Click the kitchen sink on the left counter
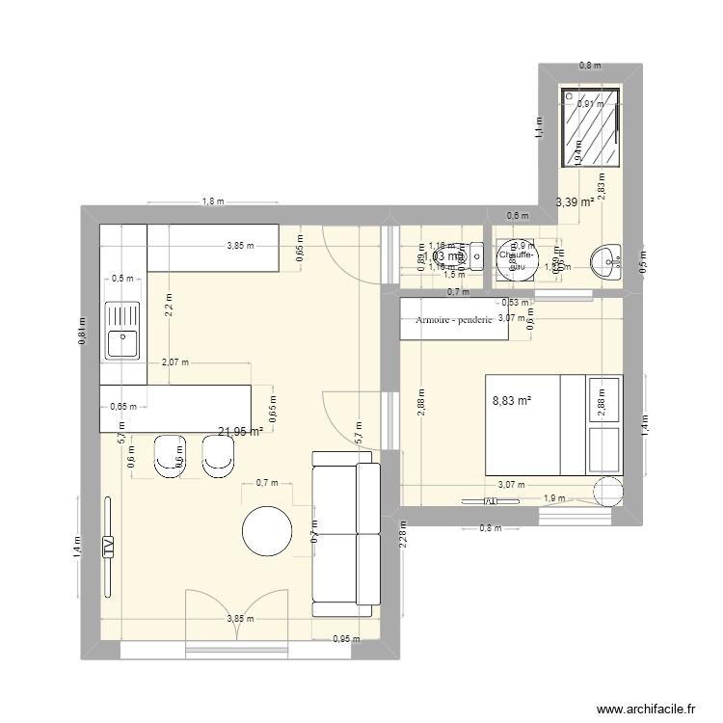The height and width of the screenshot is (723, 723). click(x=122, y=329)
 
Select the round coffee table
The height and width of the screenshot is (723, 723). click(x=266, y=532)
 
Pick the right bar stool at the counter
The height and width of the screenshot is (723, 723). click(x=218, y=456)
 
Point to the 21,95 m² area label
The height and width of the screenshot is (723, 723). click(x=241, y=432)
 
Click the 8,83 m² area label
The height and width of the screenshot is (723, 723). click(x=512, y=399)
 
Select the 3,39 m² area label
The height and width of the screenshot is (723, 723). click(x=576, y=202)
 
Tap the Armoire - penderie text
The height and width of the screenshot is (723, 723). click(x=454, y=320)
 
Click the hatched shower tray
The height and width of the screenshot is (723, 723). click(x=593, y=129)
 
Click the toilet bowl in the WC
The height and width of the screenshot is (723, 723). click(x=473, y=256)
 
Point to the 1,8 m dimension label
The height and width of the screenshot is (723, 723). click(x=212, y=201)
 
